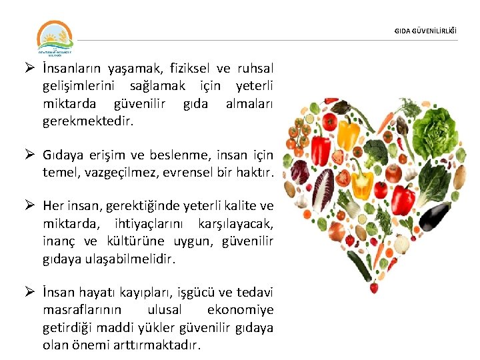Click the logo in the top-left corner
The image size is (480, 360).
(55, 39)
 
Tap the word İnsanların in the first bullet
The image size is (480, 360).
(73, 69)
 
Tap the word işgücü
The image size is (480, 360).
(207, 294)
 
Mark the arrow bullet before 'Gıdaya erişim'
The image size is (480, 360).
(30, 155)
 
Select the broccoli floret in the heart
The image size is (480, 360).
(377, 151)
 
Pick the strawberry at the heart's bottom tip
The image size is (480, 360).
(373, 287)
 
